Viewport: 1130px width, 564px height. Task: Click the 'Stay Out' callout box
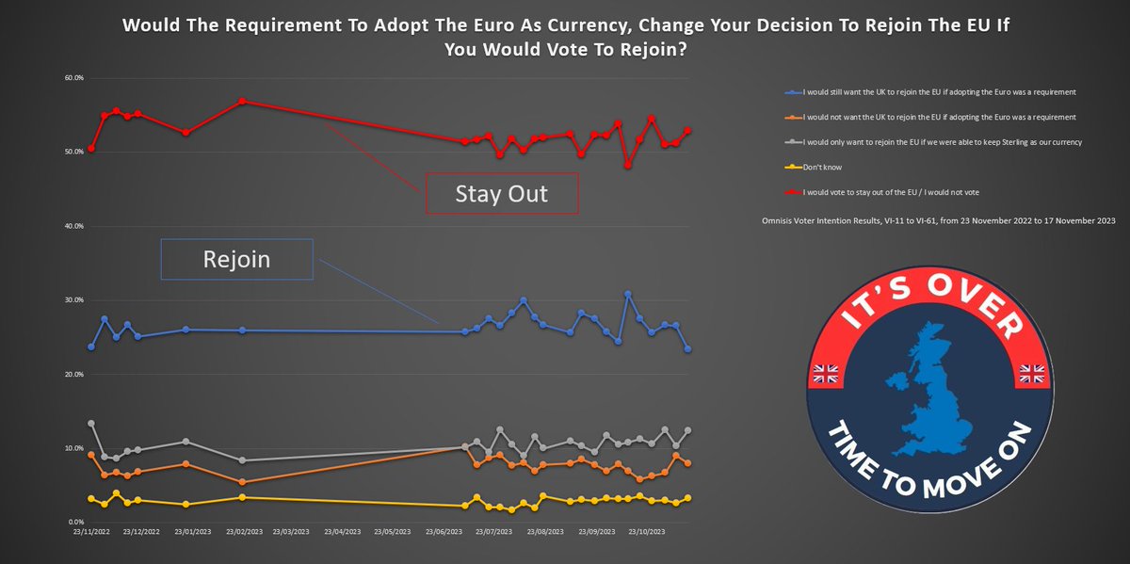pyautogui.click(x=501, y=194)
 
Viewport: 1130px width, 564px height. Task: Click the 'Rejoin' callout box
pyautogui.click(x=236, y=259)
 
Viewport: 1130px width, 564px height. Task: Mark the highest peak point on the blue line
pyautogui.click(x=628, y=295)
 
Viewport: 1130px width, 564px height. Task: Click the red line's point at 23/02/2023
pyautogui.click(x=242, y=101)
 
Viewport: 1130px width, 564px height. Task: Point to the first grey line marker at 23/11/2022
pyautogui.click(x=91, y=424)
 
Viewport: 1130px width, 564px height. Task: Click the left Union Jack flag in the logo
pyautogui.click(x=827, y=374)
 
